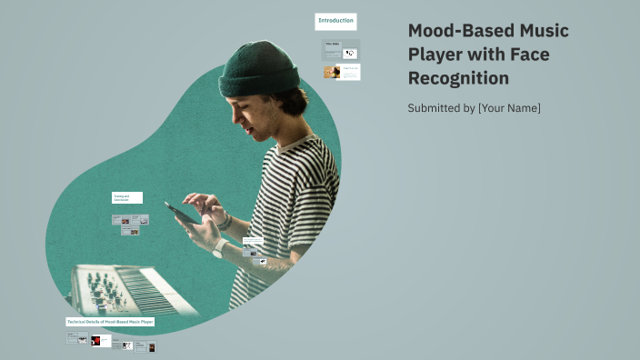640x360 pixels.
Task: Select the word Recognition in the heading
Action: click(458, 79)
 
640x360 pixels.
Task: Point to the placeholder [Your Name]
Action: click(509, 108)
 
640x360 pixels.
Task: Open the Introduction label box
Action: click(335, 21)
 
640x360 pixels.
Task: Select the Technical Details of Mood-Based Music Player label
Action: click(110, 322)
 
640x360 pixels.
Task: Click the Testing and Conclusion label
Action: click(126, 197)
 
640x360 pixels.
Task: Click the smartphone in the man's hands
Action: click(183, 213)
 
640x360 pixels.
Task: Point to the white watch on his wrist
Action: click(219, 247)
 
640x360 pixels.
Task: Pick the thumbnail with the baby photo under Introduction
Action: click(332, 72)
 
